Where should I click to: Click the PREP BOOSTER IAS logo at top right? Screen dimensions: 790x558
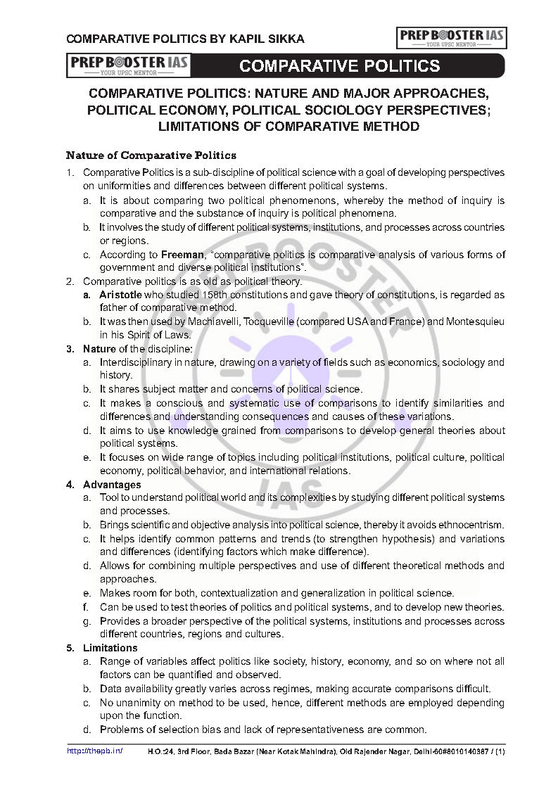click(x=452, y=37)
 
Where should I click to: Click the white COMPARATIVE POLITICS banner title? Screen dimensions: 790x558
click(x=340, y=66)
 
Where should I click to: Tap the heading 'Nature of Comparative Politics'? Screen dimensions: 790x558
click(x=151, y=155)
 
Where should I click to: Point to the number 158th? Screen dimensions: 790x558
click(x=223, y=295)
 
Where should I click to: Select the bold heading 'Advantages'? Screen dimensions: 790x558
click(x=112, y=485)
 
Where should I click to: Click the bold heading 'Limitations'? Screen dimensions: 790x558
click(x=110, y=648)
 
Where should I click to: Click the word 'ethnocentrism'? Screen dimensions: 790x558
click(x=471, y=525)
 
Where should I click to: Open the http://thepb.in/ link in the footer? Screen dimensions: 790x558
click(x=94, y=751)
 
